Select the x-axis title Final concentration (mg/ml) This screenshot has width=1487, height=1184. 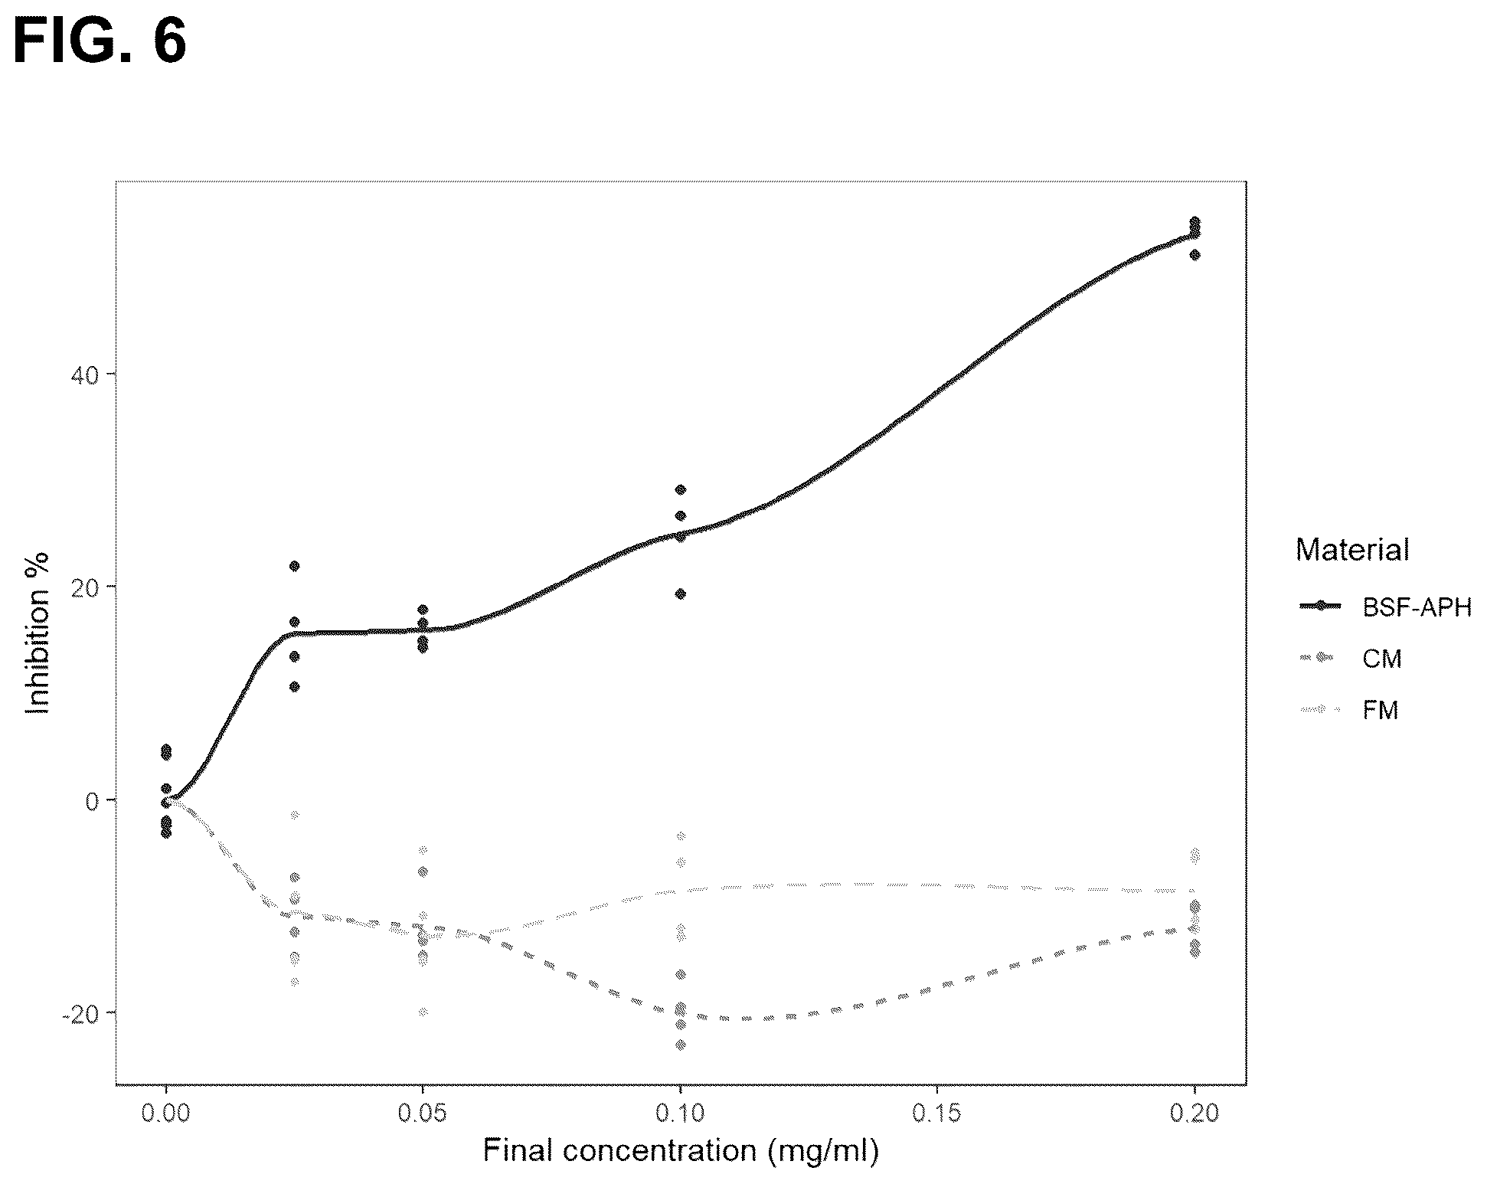(x=681, y=1150)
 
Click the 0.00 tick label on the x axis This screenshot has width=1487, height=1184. (x=166, y=1113)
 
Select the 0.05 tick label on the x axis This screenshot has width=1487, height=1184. (x=423, y=1113)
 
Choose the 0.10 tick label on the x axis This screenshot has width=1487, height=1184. (x=680, y=1113)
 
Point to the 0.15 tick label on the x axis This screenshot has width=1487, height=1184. (x=937, y=1113)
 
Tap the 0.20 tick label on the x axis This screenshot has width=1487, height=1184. (x=1195, y=1113)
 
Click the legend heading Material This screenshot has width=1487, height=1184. (x=1352, y=550)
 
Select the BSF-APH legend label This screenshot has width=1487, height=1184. (x=1417, y=607)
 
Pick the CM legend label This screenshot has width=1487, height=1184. (x=1382, y=659)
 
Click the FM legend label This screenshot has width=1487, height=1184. (x=1381, y=710)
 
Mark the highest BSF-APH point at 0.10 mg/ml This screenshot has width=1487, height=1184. (x=680, y=489)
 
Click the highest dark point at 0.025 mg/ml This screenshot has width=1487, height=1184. (x=294, y=566)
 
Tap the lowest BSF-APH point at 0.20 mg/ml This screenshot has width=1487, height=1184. (x=1195, y=255)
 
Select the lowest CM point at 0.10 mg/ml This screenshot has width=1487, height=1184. (x=680, y=1045)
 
